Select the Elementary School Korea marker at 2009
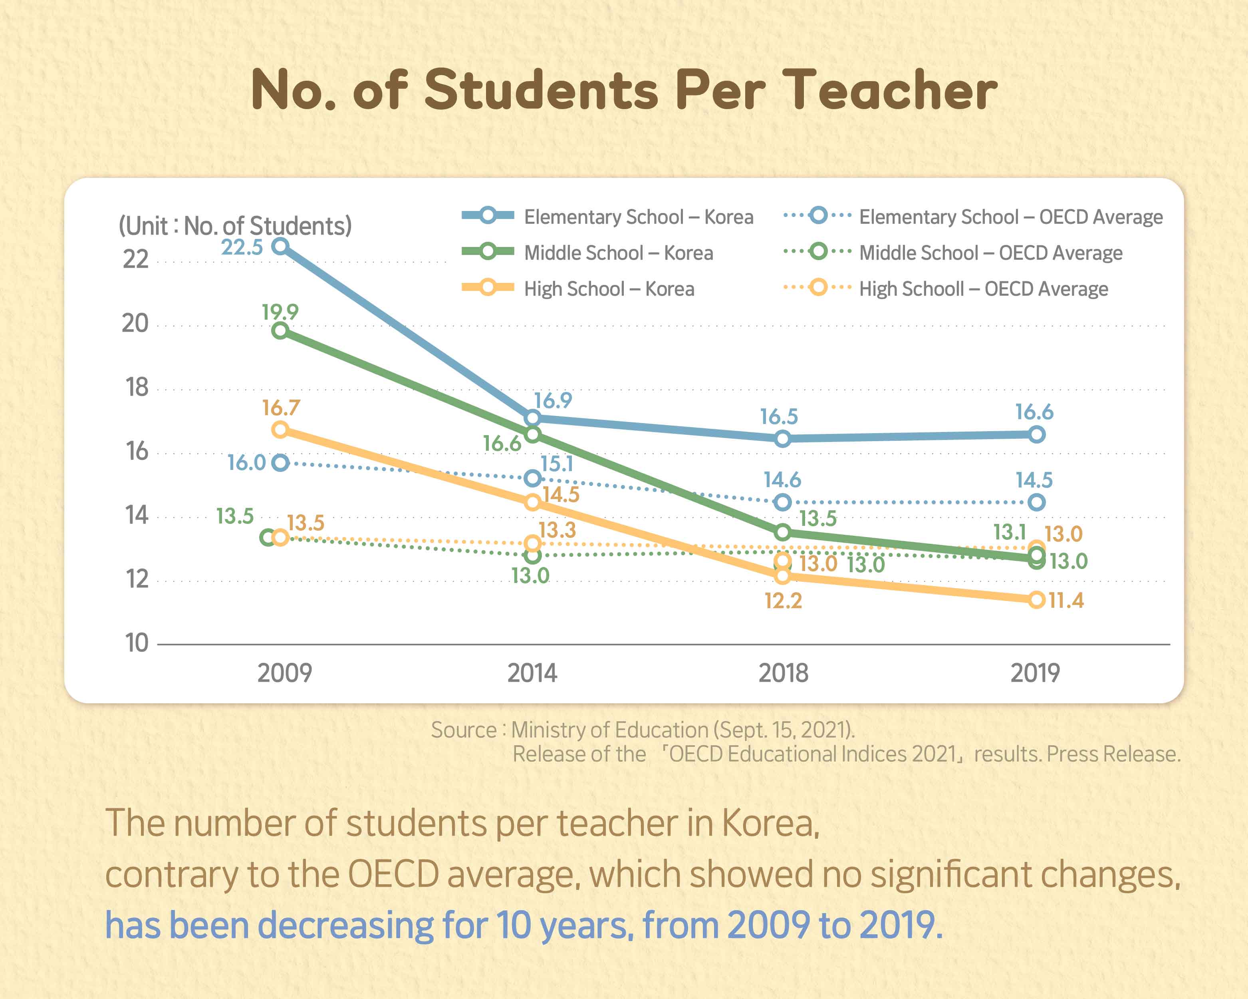[x=280, y=246]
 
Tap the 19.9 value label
[x=280, y=312]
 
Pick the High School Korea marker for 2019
[x=1037, y=599]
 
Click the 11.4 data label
[x=1066, y=601]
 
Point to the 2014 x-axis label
[x=532, y=673]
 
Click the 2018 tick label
[x=783, y=673]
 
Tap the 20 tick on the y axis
[x=135, y=323]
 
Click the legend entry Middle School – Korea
[x=618, y=253]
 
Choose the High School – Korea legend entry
[x=609, y=289]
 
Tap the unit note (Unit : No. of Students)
[x=235, y=225]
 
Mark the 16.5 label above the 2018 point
[x=779, y=416]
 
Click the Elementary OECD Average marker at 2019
[x=1037, y=502]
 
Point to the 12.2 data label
[x=783, y=601]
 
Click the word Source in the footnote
[x=464, y=730]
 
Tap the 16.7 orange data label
[x=281, y=408]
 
